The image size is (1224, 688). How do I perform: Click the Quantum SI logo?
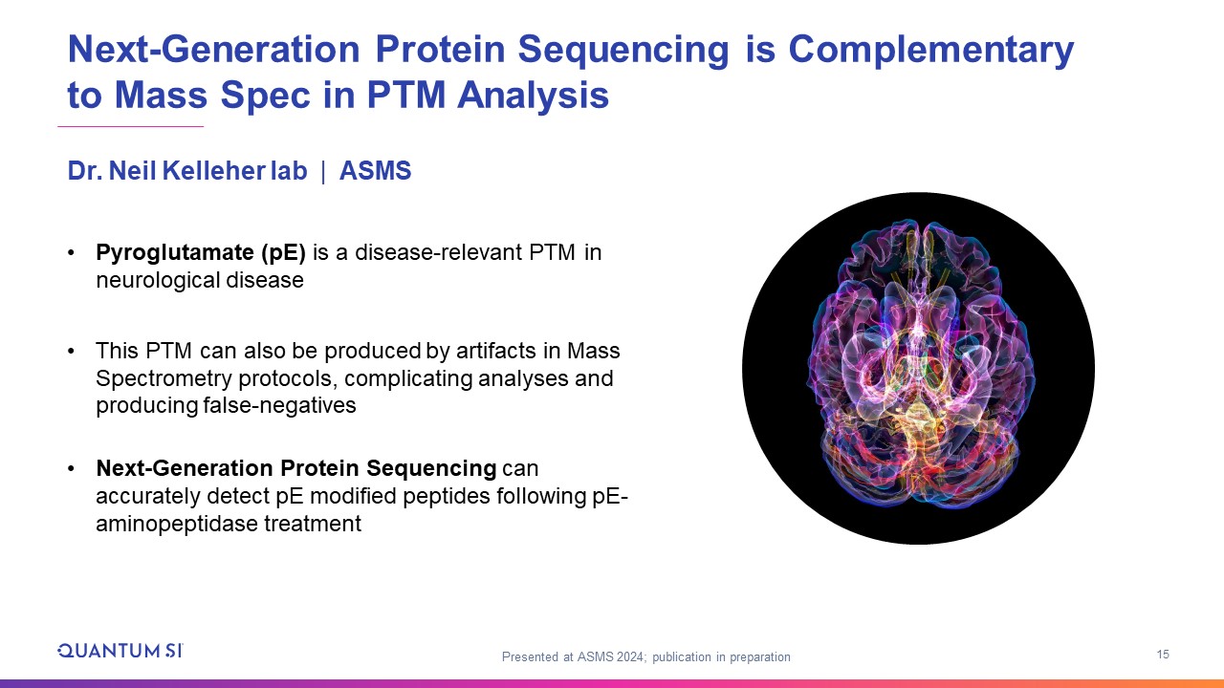[120, 651]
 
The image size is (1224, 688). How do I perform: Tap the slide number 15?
[1163, 655]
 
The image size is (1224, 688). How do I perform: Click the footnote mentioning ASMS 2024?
[645, 656]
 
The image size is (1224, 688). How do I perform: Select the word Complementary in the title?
[931, 51]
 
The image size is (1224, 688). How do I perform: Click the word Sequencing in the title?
[623, 51]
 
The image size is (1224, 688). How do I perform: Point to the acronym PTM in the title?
[406, 95]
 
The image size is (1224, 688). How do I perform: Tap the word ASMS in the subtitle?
[376, 170]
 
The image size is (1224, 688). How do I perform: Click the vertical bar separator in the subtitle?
[323, 171]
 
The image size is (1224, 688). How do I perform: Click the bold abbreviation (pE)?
[283, 253]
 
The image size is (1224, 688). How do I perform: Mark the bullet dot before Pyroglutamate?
[71, 253]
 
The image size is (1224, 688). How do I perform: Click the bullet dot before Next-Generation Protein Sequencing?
[71, 468]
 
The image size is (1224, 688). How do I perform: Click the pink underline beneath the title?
[131, 127]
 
